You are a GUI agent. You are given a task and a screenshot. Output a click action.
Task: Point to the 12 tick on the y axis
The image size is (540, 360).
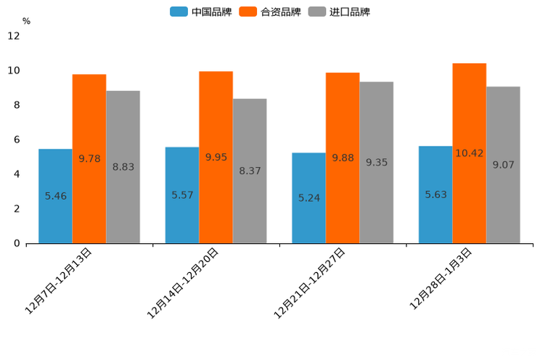(14, 36)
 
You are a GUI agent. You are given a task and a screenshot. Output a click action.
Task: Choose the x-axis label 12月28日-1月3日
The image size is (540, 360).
(441, 279)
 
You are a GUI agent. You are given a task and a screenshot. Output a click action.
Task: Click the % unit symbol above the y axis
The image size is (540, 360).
(26, 21)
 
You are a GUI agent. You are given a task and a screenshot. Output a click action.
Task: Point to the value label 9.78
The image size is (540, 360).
(89, 158)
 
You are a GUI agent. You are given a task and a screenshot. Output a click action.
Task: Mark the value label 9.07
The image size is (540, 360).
(503, 165)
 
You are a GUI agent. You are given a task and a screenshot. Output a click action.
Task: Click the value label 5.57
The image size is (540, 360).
(182, 195)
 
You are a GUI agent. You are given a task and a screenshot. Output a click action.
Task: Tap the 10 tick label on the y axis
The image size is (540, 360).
(14, 70)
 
